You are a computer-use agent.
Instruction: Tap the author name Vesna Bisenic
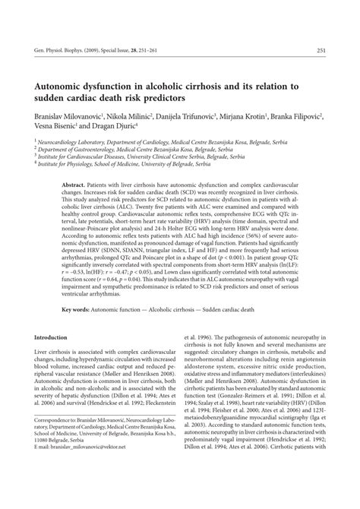(55, 128)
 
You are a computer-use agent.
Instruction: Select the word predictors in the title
(175, 99)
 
